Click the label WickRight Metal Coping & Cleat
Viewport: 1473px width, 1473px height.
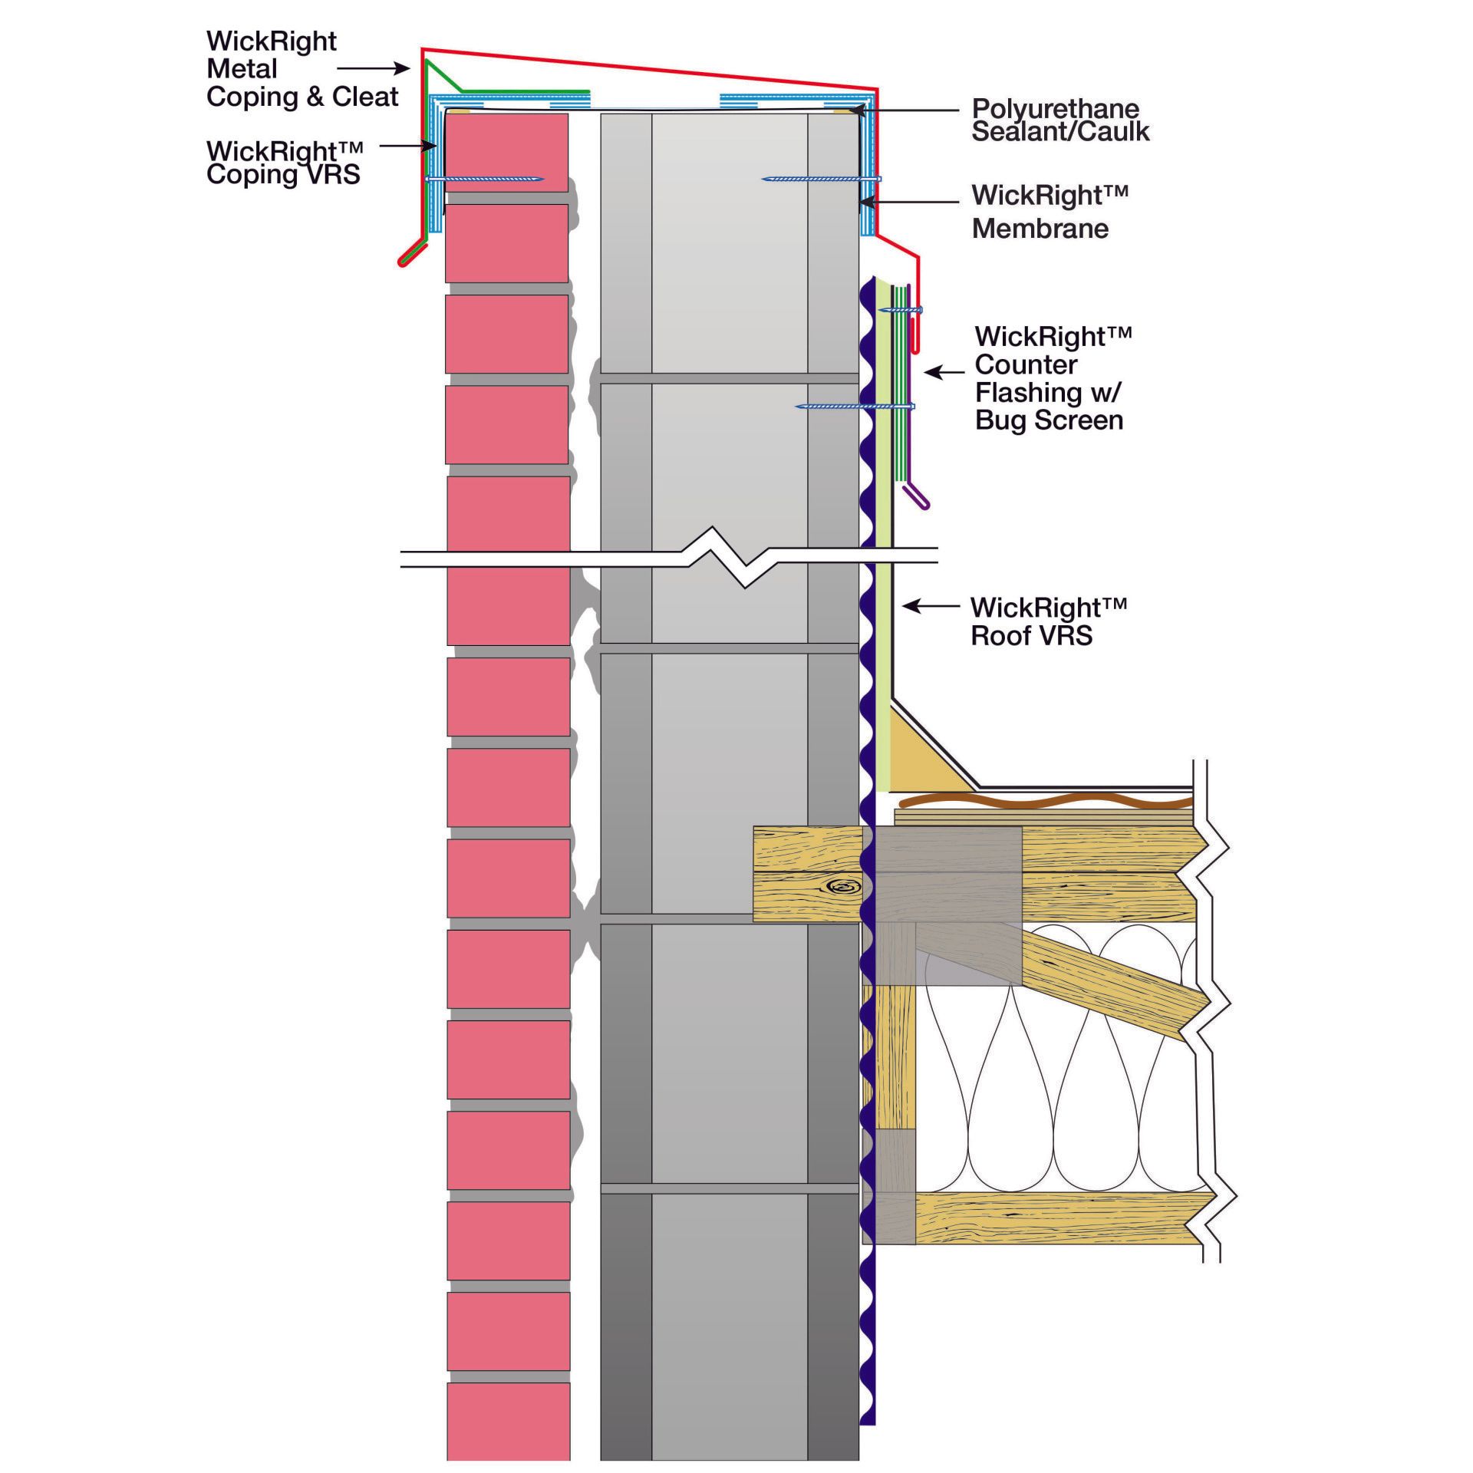click(302, 69)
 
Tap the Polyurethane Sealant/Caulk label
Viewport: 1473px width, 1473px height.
click(1060, 120)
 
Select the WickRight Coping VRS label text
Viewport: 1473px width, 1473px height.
click(284, 163)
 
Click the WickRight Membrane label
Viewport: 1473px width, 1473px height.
click(1050, 212)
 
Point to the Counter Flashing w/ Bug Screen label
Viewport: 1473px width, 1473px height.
click(1053, 378)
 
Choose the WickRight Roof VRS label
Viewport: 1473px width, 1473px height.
click(1048, 621)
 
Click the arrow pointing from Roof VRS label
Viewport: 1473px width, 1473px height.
click(931, 606)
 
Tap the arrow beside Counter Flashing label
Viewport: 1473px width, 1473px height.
click(944, 373)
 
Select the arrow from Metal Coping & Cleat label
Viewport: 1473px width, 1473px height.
click(374, 68)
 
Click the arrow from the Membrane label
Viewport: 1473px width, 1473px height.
click(909, 203)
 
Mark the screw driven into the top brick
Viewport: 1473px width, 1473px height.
click(485, 179)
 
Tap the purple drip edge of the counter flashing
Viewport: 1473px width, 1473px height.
click(916, 496)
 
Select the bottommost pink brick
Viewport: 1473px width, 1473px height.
click(509, 1432)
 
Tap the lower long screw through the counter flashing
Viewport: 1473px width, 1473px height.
click(855, 406)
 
